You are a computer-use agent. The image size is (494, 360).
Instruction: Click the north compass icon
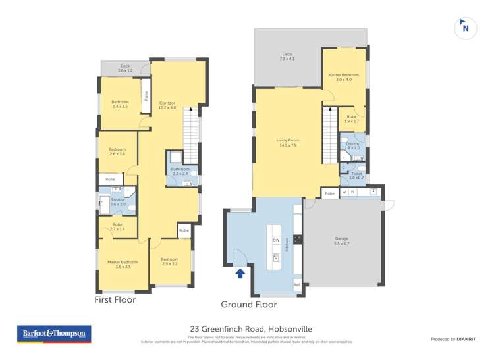(466, 28)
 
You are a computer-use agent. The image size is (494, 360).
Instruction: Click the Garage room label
(341, 241)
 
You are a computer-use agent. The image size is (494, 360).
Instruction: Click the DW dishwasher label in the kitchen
(276, 240)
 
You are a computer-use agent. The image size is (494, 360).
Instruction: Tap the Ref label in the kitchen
(296, 284)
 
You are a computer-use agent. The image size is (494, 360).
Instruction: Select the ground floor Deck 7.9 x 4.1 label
(287, 57)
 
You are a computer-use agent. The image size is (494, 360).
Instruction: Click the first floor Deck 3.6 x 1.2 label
(125, 68)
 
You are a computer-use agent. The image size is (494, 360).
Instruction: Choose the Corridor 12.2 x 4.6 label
(167, 105)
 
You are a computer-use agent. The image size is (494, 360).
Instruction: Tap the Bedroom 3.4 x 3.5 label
(120, 104)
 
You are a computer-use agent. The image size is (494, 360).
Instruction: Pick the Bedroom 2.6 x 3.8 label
(117, 151)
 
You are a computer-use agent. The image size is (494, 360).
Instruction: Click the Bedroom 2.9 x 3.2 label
(170, 261)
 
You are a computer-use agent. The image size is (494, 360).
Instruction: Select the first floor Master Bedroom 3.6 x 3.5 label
(123, 264)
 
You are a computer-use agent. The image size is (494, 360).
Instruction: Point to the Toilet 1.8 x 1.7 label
(356, 176)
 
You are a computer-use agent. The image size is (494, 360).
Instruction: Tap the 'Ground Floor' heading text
(248, 305)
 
